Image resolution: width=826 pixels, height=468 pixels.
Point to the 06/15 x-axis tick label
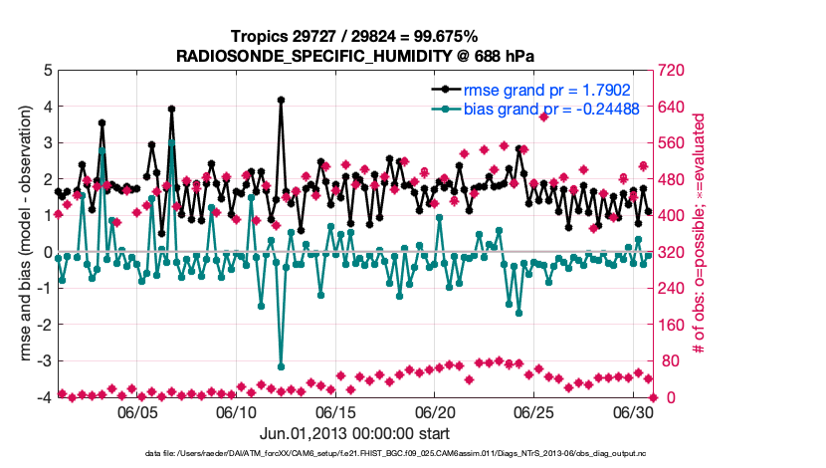(x=335, y=411)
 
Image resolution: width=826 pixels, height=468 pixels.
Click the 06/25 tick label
(x=533, y=411)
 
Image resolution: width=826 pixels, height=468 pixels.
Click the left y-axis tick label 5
(x=47, y=71)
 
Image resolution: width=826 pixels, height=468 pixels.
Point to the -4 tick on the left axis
(x=44, y=397)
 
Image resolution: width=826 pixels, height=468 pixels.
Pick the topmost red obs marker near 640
(x=543, y=117)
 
